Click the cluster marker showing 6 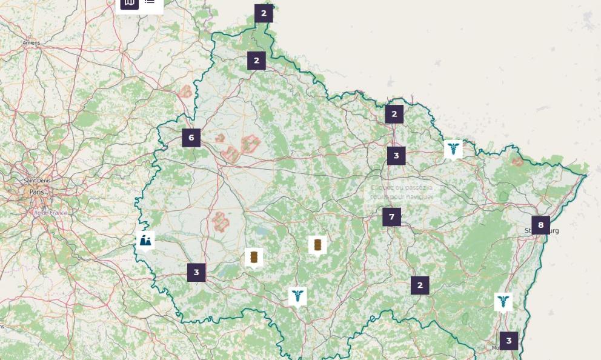click(191, 138)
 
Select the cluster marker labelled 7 click(391, 217)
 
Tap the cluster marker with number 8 click(540, 225)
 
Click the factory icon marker click(145, 241)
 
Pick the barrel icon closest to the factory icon click(254, 257)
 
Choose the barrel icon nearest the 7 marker click(317, 245)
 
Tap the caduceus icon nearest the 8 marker click(503, 301)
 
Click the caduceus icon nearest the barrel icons click(297, 296)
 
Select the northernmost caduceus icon click(453, 148)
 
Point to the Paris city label click(36, 192)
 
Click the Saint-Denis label click(37, 181)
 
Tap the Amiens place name click(31, 43)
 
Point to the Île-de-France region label click(50, 213)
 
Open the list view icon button click(150, 2)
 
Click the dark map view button click(130, 3)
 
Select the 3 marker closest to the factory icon click(196, 272)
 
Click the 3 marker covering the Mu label click(508, 341)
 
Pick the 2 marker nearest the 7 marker click(420, 285)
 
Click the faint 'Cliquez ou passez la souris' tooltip click(402, 192)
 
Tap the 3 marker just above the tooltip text click(396, 155)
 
